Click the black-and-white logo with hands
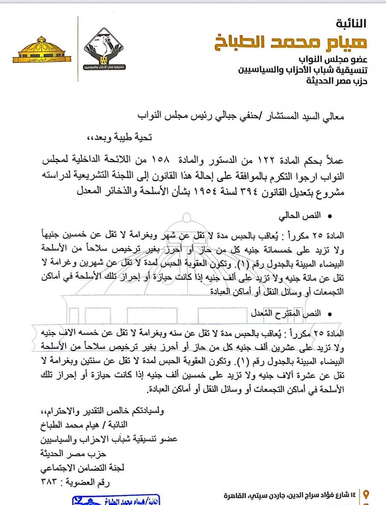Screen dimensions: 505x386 (103, 50)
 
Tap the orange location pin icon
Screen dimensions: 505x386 (366, 494)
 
